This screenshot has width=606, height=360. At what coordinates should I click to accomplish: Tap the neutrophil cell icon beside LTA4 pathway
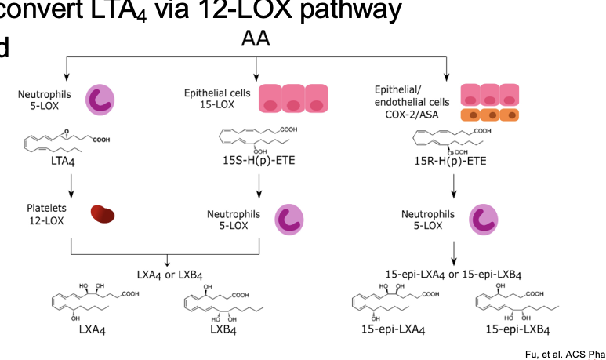[x=100, y=99]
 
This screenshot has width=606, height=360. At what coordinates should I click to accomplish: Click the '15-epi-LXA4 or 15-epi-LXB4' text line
[x=454, y=274]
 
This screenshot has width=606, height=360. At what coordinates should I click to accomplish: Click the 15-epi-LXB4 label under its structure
[x=513, y=330]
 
